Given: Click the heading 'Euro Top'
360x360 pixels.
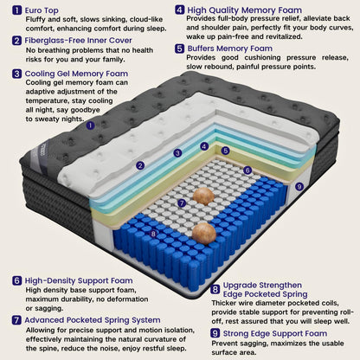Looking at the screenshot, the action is click(42, 10).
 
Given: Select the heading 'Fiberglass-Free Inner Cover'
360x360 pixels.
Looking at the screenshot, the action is click(78, 41).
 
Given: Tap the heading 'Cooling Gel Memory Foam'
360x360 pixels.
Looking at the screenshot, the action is click(76, 74).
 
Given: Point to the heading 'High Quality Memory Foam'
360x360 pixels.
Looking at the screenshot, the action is click(245, 10).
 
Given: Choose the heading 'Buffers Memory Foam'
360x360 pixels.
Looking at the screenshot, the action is click(230, 48).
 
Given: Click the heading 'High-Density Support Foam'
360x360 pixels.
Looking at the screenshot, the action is click(79, 280).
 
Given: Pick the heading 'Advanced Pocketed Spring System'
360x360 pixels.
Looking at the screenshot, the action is click(93, 320).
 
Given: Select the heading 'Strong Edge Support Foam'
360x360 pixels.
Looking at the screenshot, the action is click(275, 333).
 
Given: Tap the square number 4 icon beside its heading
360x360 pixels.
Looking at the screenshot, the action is click(180, 10).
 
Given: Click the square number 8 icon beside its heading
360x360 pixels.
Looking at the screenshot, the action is click(215, 289).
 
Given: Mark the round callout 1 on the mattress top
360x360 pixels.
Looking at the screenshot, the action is click(90, 125).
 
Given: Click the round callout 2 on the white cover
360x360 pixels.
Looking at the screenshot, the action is click(140, 165).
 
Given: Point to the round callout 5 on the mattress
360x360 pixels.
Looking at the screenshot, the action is click(226, 151).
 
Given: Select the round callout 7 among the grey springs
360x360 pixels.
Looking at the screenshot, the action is click(182, 203).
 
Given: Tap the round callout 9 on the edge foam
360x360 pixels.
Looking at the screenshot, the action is click(299, 187).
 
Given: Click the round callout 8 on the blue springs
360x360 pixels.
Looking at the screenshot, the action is click(153, 234).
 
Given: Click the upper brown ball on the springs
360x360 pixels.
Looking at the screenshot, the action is click(203, 196).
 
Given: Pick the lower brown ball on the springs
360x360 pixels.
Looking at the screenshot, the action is click(204, 234).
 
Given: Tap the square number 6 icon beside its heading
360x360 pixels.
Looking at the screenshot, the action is click(17, 280).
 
